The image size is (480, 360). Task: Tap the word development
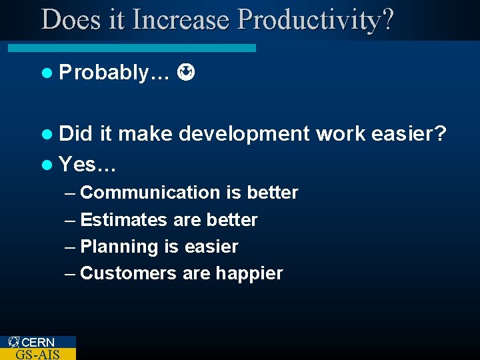tap(245, 135)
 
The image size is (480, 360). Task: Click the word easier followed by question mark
tap(409, 134)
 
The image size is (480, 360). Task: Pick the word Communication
tap(150, 193)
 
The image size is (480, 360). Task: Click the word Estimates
tap(123, 220)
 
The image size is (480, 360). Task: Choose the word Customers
tap(127, 273)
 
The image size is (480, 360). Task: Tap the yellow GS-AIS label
tap(37, 354)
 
